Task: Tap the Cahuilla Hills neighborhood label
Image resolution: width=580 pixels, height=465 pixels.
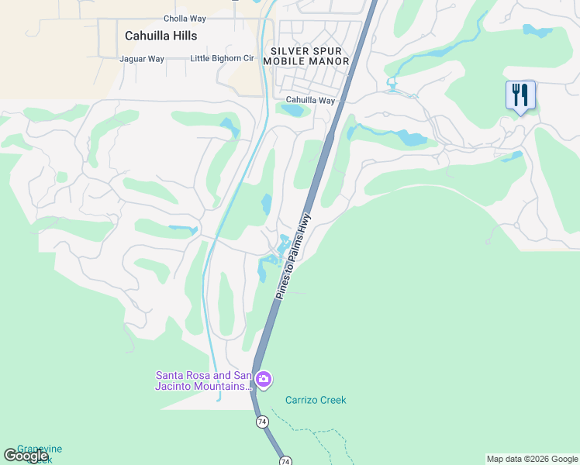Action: point(161,36)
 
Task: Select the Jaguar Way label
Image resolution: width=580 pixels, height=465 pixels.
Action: point(142,59)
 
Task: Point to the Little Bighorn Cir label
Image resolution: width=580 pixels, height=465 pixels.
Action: point(222,59)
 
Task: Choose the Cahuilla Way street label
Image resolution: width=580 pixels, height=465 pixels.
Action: point(310,101)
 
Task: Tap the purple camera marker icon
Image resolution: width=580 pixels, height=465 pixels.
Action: point(264,380)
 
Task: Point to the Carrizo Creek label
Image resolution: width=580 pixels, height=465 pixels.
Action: point(316,401)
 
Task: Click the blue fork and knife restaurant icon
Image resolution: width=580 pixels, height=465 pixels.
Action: point(520,96)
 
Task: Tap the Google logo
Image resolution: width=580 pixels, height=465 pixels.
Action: point(26,456)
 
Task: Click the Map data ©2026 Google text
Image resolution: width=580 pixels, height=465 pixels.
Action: point(532,459)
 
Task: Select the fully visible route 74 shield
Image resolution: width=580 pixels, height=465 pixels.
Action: point(262,422)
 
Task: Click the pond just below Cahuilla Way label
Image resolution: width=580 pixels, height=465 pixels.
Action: point(294,111)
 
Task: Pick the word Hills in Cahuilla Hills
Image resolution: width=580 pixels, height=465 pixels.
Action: point(183,36)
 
